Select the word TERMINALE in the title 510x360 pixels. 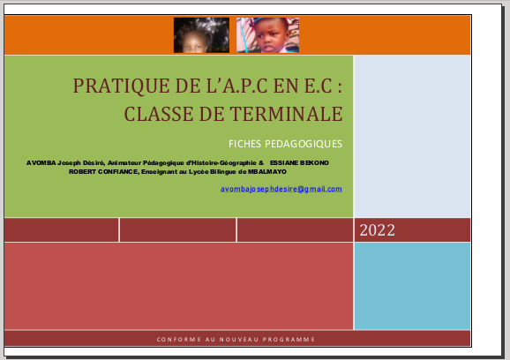click(286, 114)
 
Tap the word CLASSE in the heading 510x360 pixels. click(159, 114)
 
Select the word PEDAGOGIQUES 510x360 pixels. click(304, 144)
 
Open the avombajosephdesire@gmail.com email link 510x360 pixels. click(281, 189)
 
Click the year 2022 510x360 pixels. click(378, 230)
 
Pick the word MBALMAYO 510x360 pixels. click(267, 172)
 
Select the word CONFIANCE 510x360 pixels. click(118, 172)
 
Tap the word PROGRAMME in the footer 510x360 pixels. click(289, 340)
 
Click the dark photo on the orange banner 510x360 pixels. click(201, 35)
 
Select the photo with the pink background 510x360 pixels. click(267, 35)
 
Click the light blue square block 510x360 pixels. click(412, 286)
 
